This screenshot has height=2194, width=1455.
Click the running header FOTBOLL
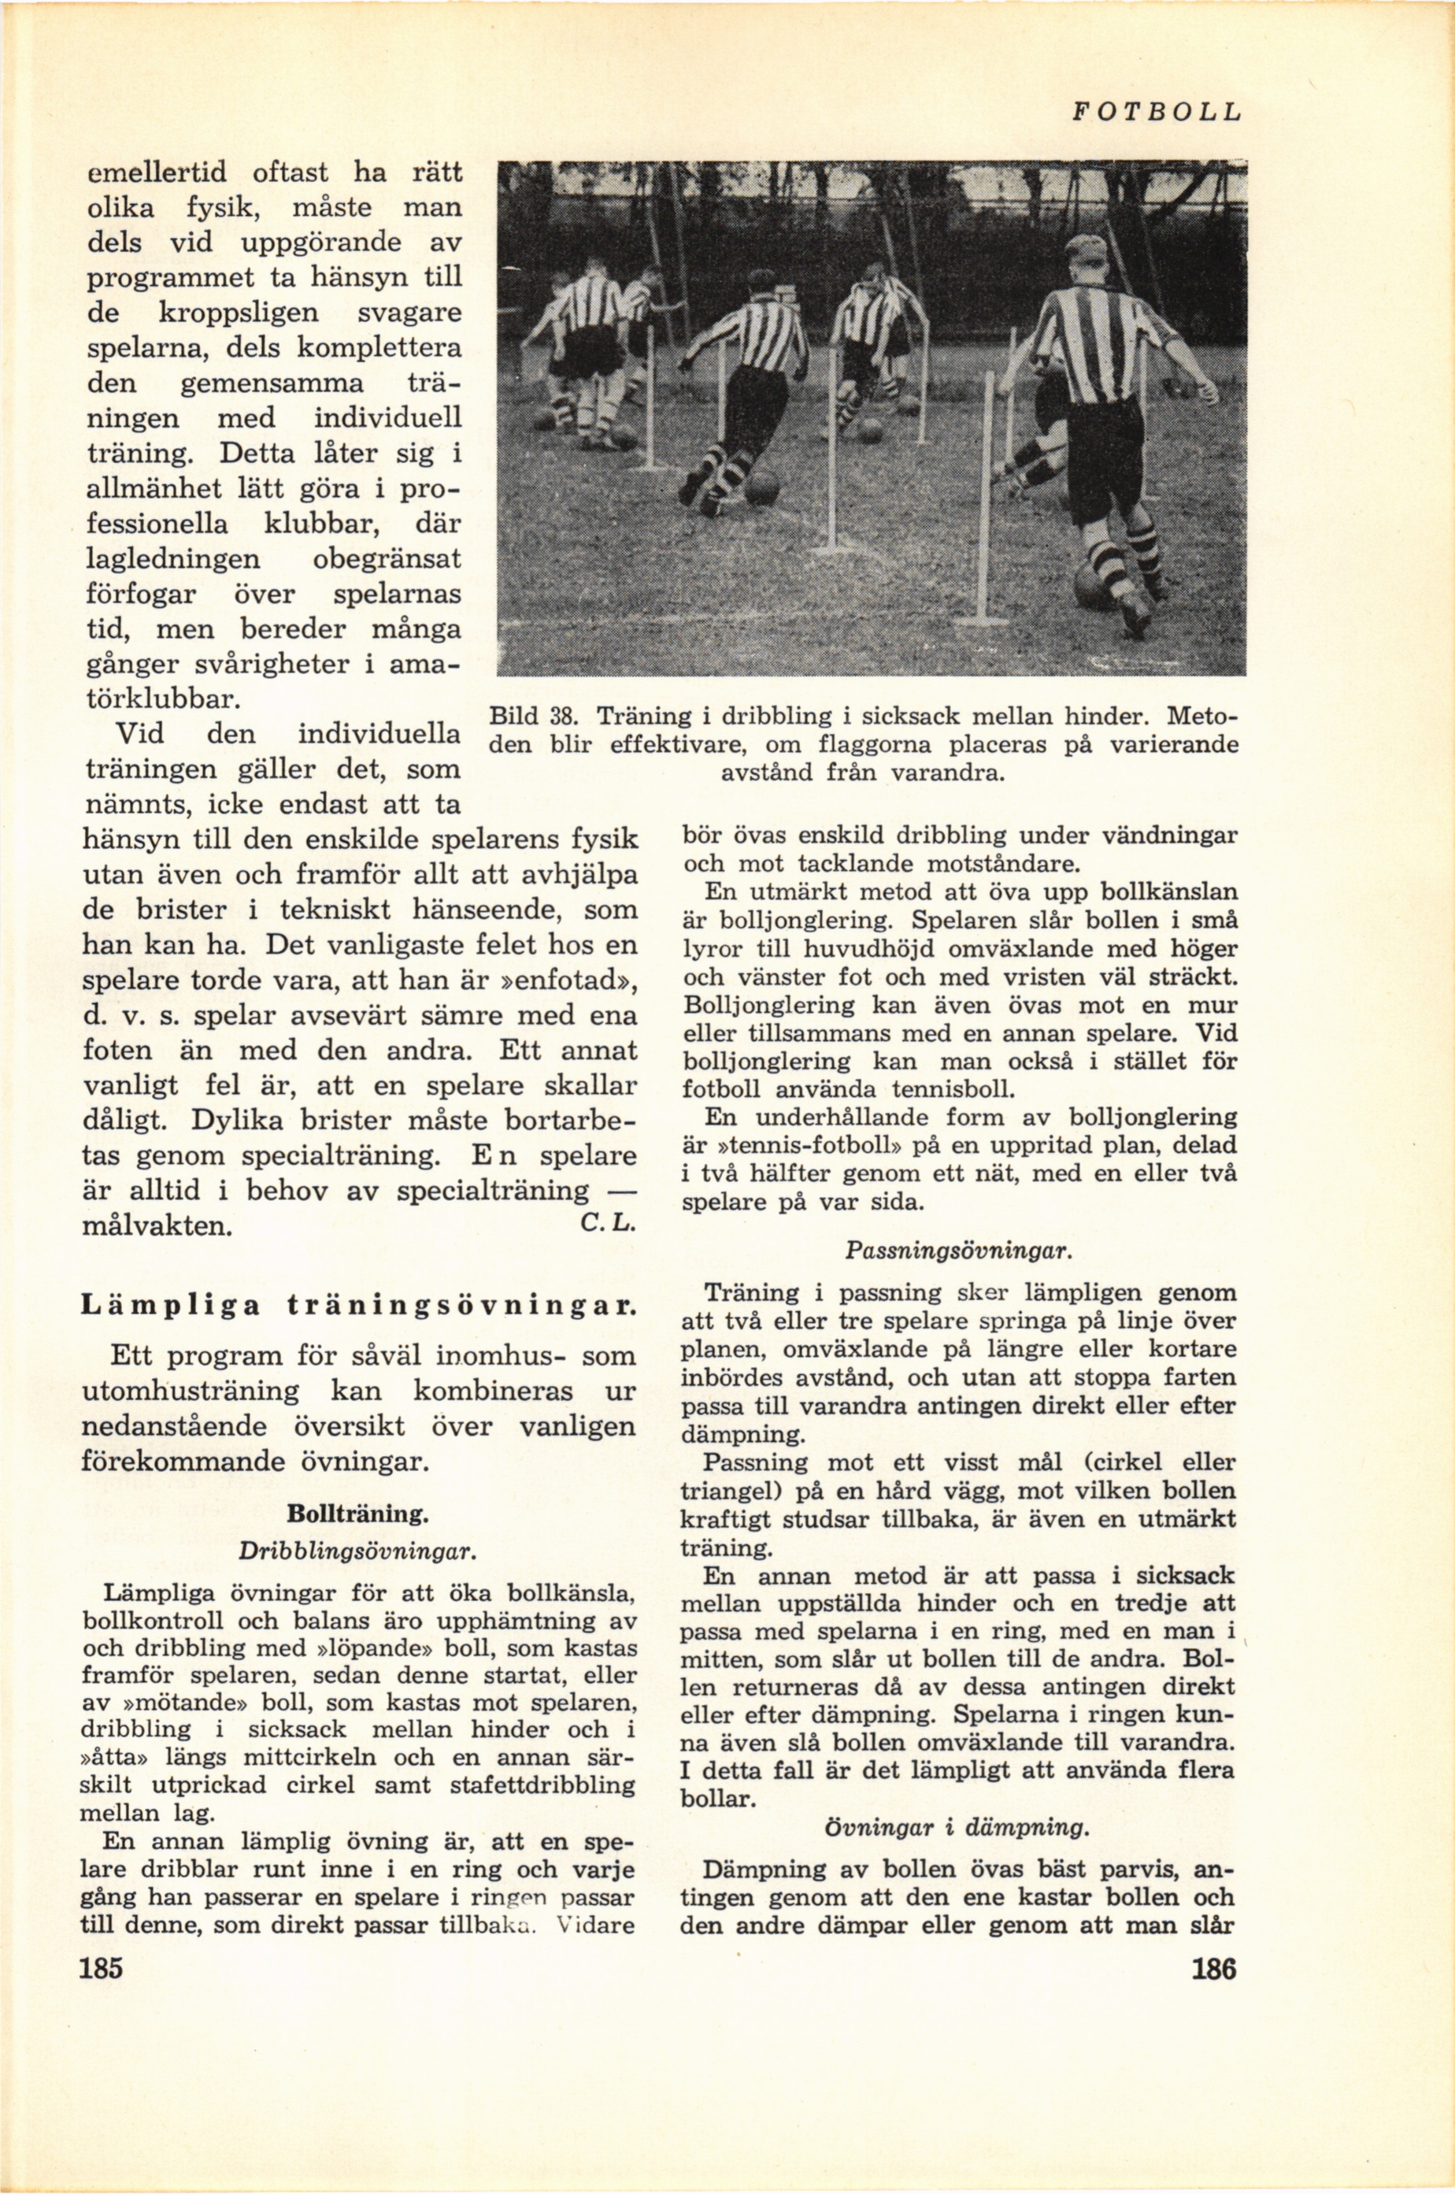pos(1155,113)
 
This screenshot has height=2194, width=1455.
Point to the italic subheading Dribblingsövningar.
pos(357,1551)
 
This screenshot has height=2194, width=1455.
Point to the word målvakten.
pos(157,1226)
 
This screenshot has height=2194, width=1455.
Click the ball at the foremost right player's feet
pos(1095,587)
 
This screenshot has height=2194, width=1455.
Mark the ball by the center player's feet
pos(762,487)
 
